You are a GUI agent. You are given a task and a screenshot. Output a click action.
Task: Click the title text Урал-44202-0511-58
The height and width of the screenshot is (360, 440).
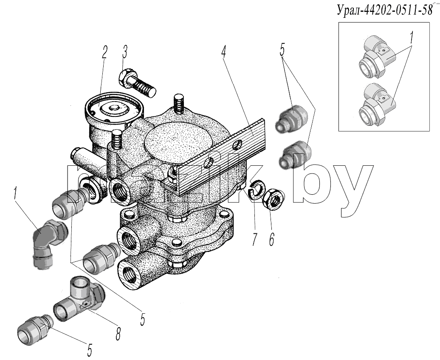tap(384, 11)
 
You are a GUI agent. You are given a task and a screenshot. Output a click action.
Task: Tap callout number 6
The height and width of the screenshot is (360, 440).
tap(271, 240)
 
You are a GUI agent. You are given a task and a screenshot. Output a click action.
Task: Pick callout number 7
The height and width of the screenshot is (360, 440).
tap(254, 240)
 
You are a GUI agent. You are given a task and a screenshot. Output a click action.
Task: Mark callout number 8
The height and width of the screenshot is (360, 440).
tap(118, 334)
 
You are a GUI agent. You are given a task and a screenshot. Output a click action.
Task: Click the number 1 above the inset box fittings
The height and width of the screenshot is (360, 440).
tap(412, 37)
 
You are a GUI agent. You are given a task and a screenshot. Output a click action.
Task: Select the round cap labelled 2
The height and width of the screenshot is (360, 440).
tap(114, 108)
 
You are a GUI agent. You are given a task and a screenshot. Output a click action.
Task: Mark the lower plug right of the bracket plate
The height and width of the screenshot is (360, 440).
tap(296, 155)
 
